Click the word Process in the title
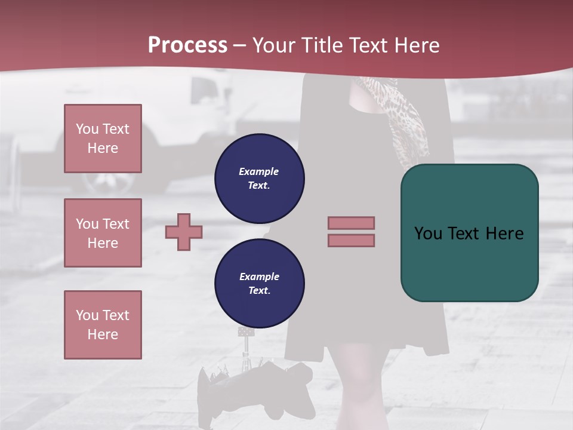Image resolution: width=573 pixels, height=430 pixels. (187, 45)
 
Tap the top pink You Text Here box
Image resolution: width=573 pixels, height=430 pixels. (103, 139)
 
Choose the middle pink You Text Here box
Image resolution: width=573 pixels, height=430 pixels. (103, 233)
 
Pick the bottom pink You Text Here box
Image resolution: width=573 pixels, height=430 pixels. (103, 325)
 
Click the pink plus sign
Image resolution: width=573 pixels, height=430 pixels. (184, 232)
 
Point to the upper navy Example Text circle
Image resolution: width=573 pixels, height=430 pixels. (259, 178)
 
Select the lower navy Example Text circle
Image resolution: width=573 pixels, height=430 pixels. (259, 283)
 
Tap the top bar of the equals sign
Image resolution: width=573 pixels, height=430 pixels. (351, 223)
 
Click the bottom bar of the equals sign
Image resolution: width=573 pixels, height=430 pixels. (351, 240)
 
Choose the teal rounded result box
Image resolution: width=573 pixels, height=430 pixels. (469, 233)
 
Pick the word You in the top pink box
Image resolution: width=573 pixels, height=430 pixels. (87, 129)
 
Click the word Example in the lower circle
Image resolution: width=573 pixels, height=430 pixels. (259, 277)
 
